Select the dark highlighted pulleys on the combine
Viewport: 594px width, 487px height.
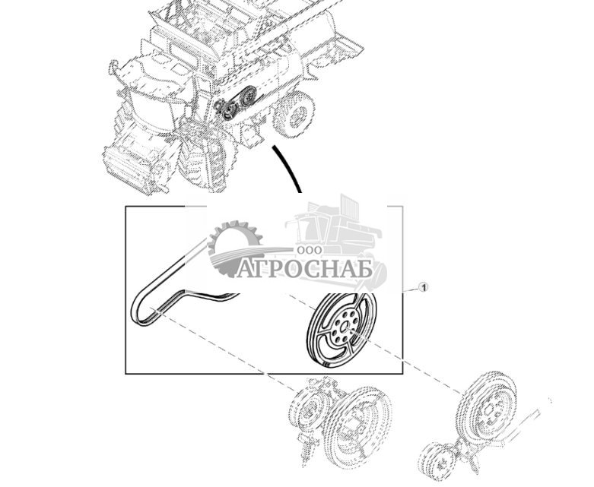[x=236, y=105]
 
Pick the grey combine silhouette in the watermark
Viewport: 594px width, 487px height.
[x=335, y=228]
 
